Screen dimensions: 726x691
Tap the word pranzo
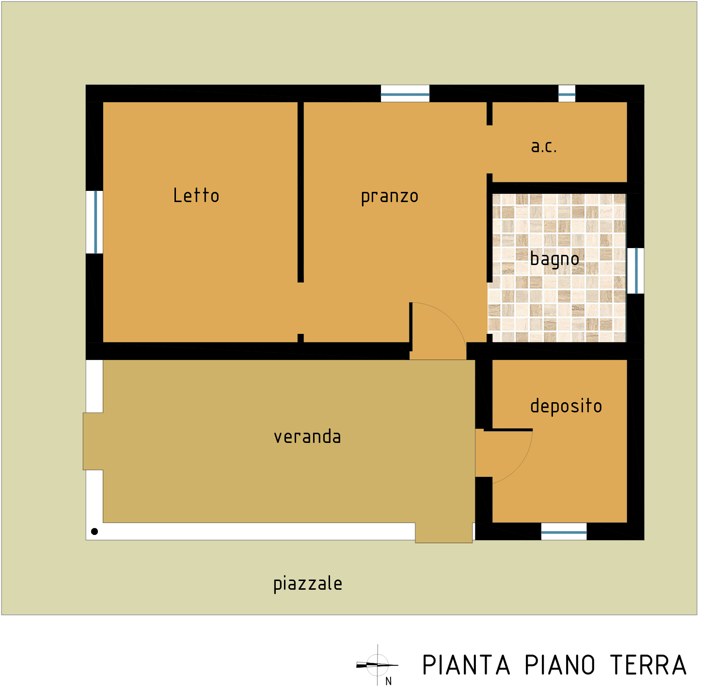tap(389, 197)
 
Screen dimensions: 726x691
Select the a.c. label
tap(544, 147)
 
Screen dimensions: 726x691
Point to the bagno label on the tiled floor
tap(554, 259)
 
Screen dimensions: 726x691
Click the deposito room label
tap(566, 406)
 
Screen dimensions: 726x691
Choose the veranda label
tap(307, 437)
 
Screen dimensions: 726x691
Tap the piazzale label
tap(308, 584)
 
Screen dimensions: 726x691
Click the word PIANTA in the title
tap(466, 665)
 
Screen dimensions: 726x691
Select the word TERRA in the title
tap(648, 665)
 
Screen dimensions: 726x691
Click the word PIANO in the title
tap(559, 665)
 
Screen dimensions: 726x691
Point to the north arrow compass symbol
tap(377, 665)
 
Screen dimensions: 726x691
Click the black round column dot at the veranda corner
tap(94, 532)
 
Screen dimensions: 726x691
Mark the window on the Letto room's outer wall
tap(95, 222)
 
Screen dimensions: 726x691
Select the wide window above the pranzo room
tap(405, 94)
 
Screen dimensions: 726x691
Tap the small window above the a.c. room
tap(567, 94)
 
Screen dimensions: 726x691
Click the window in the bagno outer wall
tap(635, 271)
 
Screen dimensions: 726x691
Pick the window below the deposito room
tap(564, 532)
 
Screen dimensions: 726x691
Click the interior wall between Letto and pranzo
tap(300, 192)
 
